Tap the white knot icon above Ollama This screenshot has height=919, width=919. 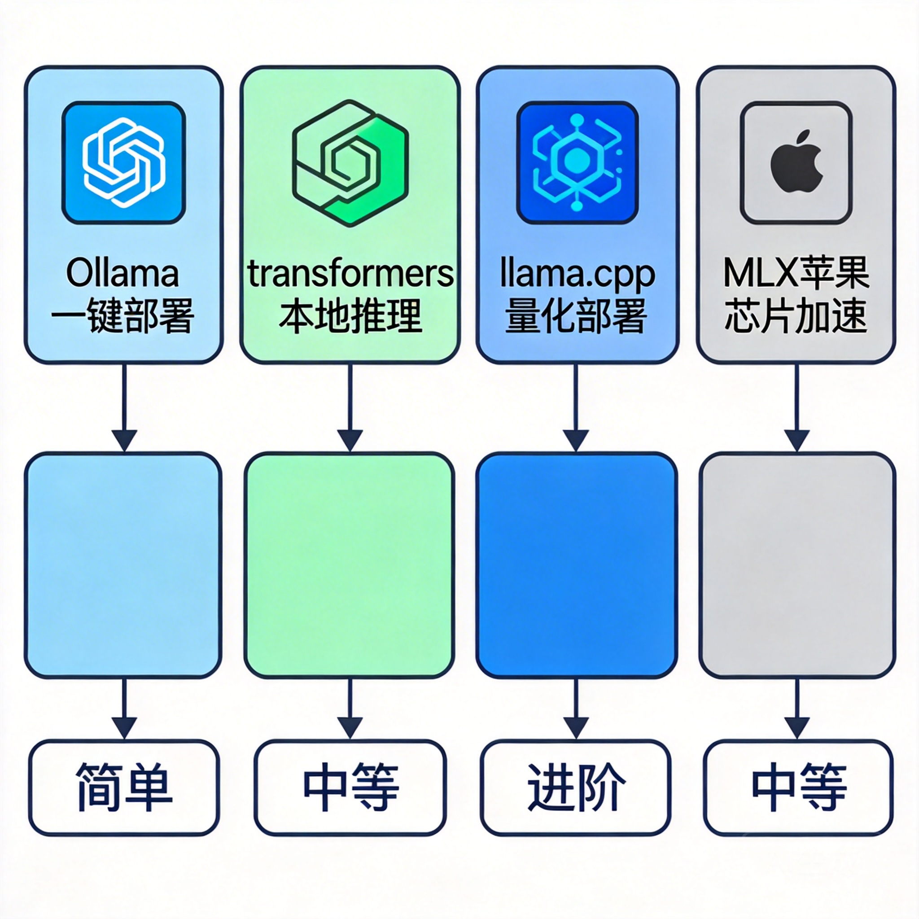(x=124, y=163)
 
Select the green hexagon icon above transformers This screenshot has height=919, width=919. (x=350, y=163)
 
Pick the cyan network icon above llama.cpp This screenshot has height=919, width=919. (x=577, y=163)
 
